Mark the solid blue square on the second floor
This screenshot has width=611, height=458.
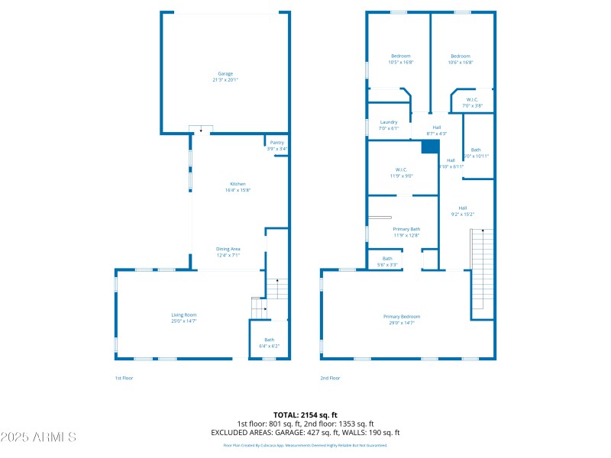pos(431,147)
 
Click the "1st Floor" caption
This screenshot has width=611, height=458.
pos(124,378)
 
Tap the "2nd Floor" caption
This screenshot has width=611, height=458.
pos(330,378)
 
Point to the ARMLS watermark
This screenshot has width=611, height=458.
pos(38,437)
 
